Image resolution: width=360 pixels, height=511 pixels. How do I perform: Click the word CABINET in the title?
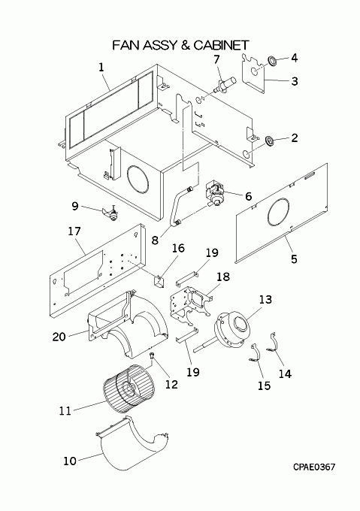pos(221,45)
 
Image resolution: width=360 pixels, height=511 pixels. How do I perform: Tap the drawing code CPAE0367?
pos(314,467)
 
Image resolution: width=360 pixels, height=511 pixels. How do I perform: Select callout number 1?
pos(101,68)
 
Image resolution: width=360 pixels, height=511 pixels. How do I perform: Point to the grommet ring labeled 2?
pos(270,141)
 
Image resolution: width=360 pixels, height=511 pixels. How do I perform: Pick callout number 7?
pos(216,59)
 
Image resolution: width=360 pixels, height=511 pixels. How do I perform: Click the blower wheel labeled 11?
pos(128,385)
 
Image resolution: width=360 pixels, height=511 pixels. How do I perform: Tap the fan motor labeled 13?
pos(231,329)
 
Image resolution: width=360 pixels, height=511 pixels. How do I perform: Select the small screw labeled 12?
pos(152,355)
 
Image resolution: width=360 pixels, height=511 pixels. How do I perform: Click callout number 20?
pos(59,337)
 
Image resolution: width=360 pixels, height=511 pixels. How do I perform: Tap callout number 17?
pos(74,231)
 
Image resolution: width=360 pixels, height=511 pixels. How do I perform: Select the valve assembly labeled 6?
pos(215,194)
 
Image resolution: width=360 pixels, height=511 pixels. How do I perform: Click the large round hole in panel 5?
pos(278,213)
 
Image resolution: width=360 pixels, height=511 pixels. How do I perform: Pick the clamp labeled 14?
pos(273,342)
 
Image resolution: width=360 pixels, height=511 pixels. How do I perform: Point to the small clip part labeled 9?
pos(110,213)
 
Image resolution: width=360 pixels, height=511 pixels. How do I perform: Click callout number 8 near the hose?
pos(155,240)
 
